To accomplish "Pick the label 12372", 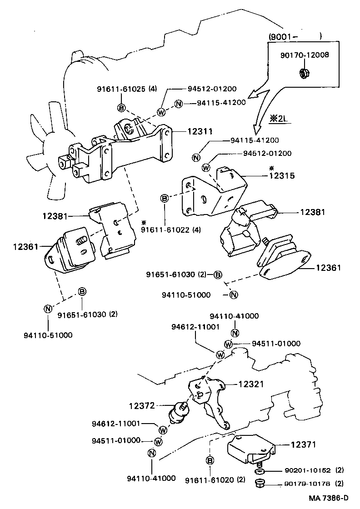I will point(142,404).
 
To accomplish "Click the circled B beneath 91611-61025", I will point(121,108).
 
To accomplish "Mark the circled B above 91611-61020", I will point(210,461).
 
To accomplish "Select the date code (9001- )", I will point(295,36).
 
